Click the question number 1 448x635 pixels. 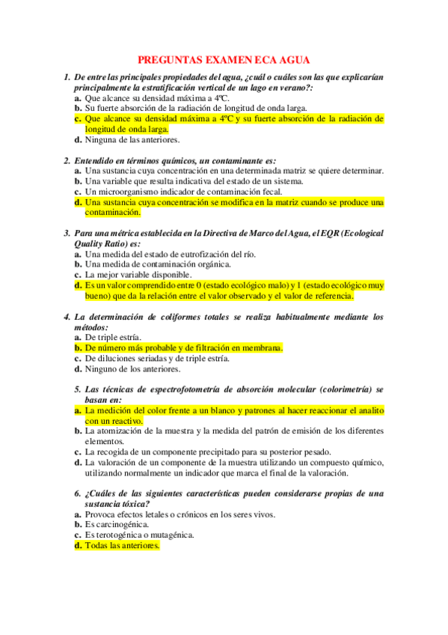coord(67,77)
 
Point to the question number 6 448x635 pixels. coord(78,493)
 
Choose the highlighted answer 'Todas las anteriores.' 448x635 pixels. coord(122,546)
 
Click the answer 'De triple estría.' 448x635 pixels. coord(113,337)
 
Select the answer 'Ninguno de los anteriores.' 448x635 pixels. coord(132,368)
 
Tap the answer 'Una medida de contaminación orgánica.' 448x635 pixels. coord(158,264)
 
